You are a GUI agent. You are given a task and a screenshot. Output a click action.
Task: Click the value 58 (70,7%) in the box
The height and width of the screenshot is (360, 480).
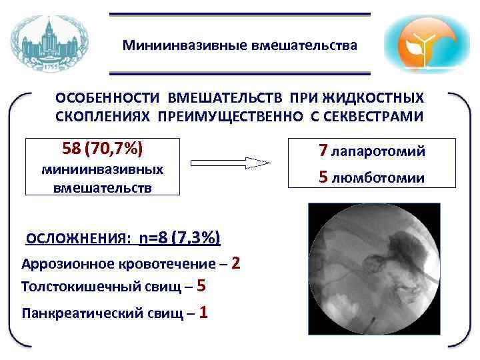point(103,147)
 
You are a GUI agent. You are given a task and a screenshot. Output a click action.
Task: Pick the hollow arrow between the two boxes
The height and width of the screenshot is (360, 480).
point(230,162)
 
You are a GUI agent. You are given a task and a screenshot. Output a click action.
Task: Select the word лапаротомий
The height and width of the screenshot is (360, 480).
point(378,152)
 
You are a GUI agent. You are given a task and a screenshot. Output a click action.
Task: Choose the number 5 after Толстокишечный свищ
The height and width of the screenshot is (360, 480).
point(202,287)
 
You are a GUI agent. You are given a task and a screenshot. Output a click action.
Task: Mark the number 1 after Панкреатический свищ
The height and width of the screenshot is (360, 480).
point(203,311)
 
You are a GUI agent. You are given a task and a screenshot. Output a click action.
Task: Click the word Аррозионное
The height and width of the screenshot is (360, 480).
point(65,264)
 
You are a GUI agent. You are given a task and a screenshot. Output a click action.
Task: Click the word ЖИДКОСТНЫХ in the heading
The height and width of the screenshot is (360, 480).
point(377,98)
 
